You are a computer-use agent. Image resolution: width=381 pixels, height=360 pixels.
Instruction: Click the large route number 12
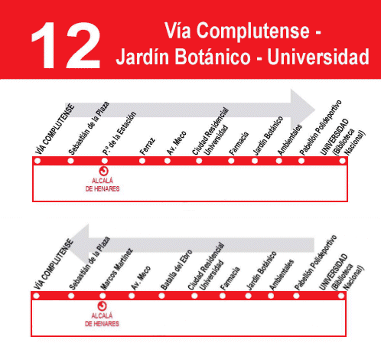click(x=66, y=45)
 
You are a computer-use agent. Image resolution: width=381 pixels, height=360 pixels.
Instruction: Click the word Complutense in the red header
click(x=252, y=31)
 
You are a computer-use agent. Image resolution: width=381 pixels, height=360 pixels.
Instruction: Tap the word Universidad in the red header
click(x=318, y=57)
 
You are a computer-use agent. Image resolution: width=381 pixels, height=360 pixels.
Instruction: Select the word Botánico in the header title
click(x=213, y=57)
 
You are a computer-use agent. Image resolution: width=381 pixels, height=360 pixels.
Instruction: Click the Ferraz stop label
click(x=148, y=146)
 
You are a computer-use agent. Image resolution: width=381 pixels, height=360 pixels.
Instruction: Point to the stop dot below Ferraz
click(x=142, y=161)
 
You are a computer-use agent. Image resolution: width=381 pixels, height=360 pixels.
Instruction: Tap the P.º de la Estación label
click(x=119, y=133)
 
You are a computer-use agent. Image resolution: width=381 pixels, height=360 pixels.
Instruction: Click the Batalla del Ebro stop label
click(x=176, y=270)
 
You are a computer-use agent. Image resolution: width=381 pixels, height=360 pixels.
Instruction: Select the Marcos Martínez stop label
click(x=116, y=269)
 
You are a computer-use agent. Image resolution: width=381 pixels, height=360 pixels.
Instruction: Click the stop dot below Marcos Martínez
click(x=103, y=296)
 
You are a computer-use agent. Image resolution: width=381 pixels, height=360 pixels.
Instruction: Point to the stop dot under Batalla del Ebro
click(x=161, y=296)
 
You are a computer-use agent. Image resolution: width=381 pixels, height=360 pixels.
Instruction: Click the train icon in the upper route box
click(x=103, y=171)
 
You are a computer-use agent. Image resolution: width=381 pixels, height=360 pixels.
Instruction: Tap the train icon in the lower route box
click(x=103, y=306)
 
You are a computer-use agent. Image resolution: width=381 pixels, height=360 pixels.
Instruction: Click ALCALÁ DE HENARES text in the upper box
click(x=103, y=185)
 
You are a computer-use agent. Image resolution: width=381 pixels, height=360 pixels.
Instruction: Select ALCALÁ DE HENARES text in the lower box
click(x=102, y=319)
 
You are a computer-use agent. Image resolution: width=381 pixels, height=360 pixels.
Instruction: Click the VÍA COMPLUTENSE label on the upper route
click(x=55, y=129)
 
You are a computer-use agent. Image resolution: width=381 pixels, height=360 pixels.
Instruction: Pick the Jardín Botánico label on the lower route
click(x=261, y=270)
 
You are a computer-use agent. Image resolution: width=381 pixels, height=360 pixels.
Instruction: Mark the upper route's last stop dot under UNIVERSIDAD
click(x=343, y=161)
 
